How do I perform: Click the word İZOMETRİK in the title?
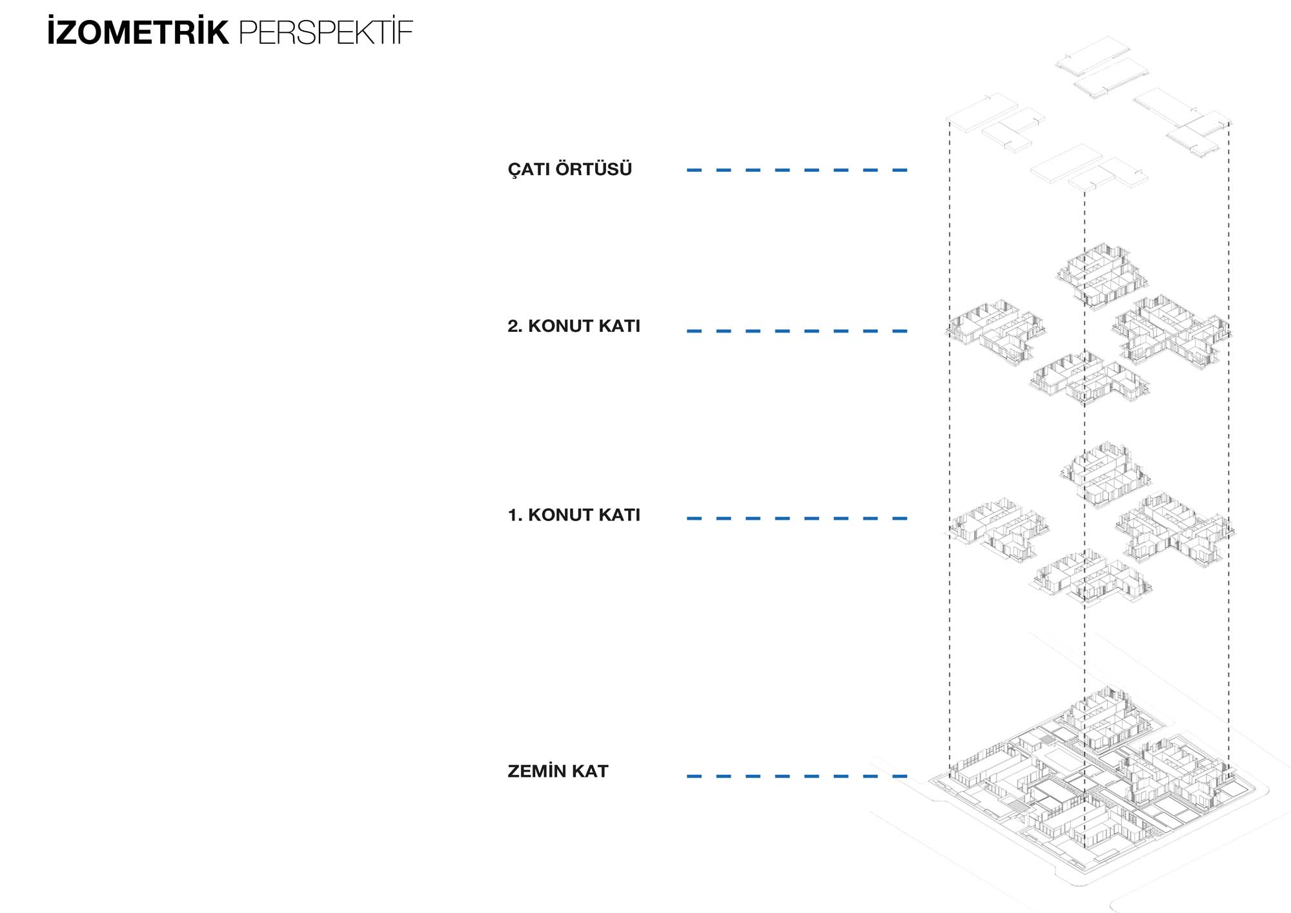pyautogui.click(x=137, y=32)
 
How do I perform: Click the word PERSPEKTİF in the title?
pyautogui.click(x=326, y=32)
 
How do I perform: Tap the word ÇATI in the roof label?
pyautogui.click(x=529, y=169)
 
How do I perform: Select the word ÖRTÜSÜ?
pyautogui.click(x=594, y=169)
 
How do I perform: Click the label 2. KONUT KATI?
pyautogui.click(x=574, y=326)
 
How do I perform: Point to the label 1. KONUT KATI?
pyautogui.click(x=574, y=515)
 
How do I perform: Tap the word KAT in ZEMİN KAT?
pyautogui.click(x=590, y=771)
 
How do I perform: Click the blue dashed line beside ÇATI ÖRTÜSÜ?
pyautogui.click(x=797, y=170)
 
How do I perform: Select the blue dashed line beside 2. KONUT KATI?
pyautogui.click(x=797, y=331)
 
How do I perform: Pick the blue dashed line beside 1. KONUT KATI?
pyautogui.click(x=797, y=518)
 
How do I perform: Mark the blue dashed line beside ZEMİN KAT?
pyautogui.click(x=797, y=776)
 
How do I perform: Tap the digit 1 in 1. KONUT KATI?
pyautogui.click(x=513, y=515)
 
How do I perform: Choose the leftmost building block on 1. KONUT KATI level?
pyautogui.click(x=997, y=528)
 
